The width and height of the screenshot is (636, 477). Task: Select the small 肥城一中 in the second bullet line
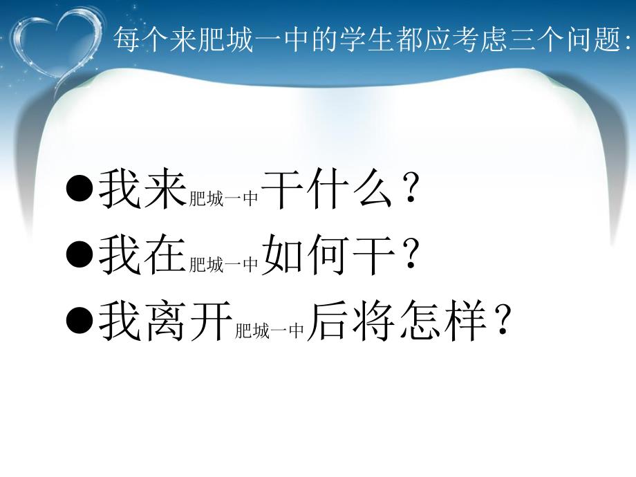224,263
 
